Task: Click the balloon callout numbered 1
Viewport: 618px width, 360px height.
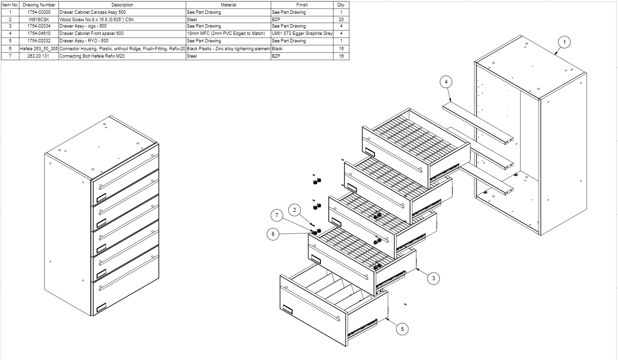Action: tap(565, 42)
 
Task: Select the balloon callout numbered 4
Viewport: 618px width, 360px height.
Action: tap(446, 82)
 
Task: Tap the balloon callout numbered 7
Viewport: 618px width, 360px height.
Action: tap(277, 215)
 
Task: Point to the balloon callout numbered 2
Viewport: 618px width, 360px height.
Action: tap(295, 210)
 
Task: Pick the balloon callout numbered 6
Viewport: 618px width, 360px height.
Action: tap(273, 234)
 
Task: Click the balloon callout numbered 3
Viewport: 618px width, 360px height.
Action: tap(433, 278)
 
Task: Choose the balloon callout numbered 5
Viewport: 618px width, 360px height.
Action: tap(403, 328)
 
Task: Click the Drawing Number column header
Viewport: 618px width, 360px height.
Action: tap(39, 5)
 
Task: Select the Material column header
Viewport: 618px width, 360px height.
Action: tap(228, 5)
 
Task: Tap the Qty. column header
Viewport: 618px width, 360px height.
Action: tap(341, 5)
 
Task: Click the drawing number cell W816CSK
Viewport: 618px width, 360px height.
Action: tap(39, 19)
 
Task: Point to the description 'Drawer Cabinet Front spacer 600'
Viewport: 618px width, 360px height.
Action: tap(91, 33)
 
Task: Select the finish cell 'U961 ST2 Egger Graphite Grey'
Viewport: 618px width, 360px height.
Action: tap(302, 33)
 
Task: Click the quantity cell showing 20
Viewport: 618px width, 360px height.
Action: tap(341, 19)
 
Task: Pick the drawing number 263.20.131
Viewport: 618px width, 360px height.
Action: tap(39, 56)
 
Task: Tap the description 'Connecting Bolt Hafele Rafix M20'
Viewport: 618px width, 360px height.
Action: tap(92, 56)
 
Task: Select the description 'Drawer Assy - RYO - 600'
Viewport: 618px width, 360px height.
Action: tap(83, 41)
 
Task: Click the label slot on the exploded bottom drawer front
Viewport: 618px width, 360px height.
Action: tap(287, 310)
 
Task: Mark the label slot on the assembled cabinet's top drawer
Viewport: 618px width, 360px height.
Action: tap(101, 197)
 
